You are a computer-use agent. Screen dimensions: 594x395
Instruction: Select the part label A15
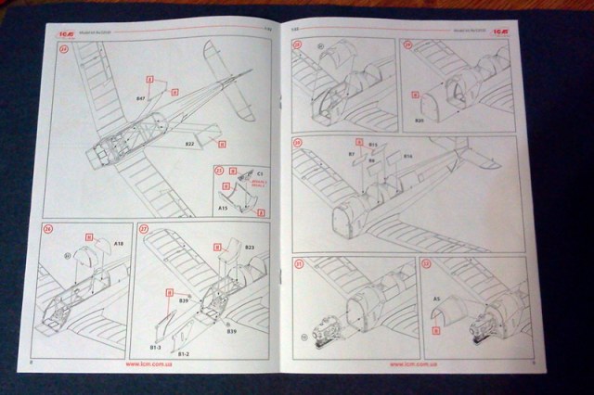(x=224, y=210)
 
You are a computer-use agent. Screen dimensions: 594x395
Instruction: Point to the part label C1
(x=260, y=174)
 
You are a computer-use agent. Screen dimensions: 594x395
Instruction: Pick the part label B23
(x=250, y=247)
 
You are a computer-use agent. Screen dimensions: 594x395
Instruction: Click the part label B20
(x=420, y=121)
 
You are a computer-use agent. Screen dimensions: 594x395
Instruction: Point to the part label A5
(x=436, y=298)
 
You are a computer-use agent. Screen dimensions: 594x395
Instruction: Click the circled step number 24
(x=64, y=50)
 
